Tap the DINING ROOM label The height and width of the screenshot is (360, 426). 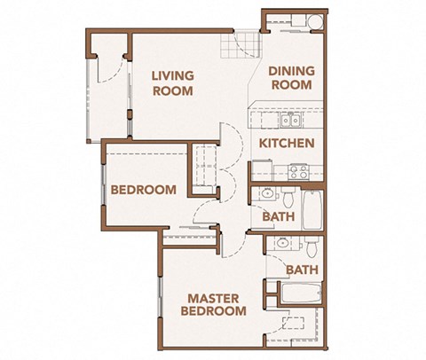(290, 78)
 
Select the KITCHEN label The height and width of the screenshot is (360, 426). (287, 142)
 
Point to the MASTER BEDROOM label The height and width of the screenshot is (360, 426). (213, 304)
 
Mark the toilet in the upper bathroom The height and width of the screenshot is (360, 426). (289, 194)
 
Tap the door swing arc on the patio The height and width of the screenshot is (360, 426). (108, 67)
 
